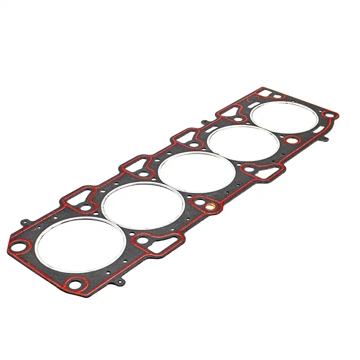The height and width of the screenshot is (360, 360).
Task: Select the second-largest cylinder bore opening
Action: [143, 206]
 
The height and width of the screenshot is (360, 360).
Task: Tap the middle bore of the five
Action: [197, 171]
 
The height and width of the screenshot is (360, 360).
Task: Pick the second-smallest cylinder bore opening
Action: [243, 143]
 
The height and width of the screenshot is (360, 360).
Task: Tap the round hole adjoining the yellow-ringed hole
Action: [199, 203]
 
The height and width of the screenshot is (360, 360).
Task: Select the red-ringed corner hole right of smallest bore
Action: [329, 115]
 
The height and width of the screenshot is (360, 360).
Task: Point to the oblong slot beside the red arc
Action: [251, 104]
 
